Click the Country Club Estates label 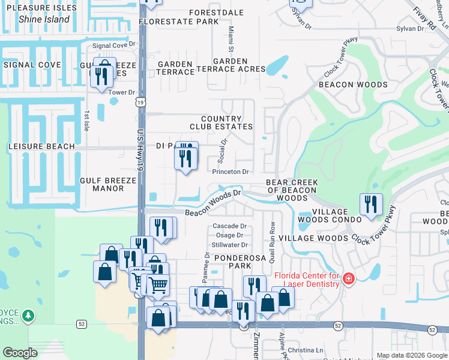pyautogui.click(x=221, y=123)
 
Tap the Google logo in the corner pyautogui.click(x=20, y=352)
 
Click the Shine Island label pyautogui.click(x=44, y=19)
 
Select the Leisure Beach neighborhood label pyautogui.click(x=41, y=146)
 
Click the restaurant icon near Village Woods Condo pyautogui.click(x=371, y=204)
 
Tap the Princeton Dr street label pyautogui.click(x=231, y=172)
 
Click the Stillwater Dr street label pyautogui.click(x=230, y=245)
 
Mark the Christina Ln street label pyautogui.click(x=306, y=350)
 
